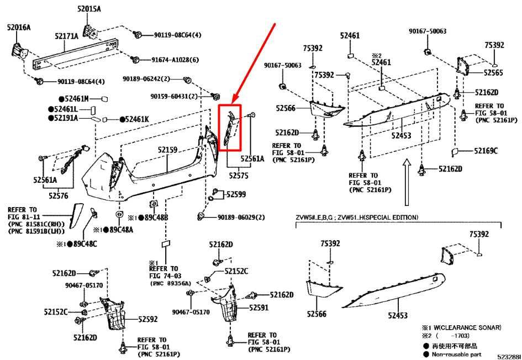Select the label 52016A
(x=18, y=27)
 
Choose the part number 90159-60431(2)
(x=174, y=97)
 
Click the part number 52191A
(x=65, y=118)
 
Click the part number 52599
(x=235, y=194)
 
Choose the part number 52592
(x=147, y=319)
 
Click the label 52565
(x=493, y=72)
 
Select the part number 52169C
(x=487, y=151)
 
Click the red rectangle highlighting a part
(x=230, y=128)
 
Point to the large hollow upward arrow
(x=406, y=182)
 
